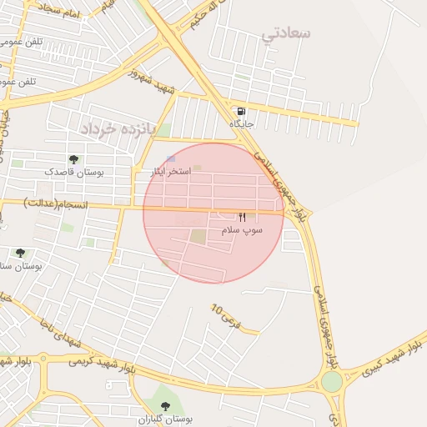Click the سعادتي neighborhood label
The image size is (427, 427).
286,33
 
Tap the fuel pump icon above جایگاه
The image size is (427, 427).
242,111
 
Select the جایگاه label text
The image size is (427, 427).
242,123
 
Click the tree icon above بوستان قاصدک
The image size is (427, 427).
73,158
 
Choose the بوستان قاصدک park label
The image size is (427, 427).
74,171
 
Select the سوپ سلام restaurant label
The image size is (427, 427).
242,229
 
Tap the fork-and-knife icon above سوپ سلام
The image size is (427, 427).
243,216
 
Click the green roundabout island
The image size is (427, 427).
331,381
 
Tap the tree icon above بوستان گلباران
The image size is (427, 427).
165,406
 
